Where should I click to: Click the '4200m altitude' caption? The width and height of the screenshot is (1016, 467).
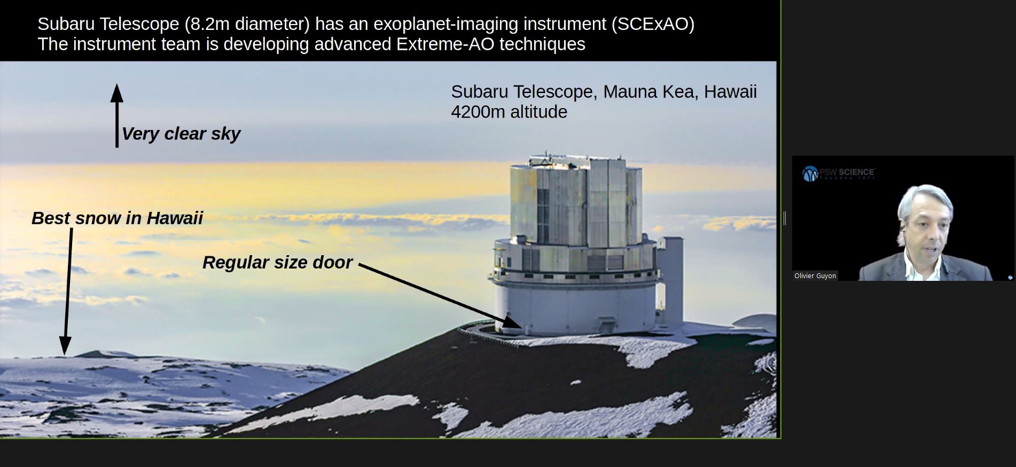click(509, 112)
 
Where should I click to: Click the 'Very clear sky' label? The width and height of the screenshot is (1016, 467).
click(181, 134)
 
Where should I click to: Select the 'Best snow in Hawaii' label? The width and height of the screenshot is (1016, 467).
click(117, 218)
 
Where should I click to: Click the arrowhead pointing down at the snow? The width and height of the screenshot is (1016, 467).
click(65, 347)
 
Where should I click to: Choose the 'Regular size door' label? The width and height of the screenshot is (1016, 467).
click(277, 263)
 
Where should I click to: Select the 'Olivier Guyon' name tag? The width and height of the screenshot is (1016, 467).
click(815, 276)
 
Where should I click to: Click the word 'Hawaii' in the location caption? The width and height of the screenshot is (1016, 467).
click(730, 92)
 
